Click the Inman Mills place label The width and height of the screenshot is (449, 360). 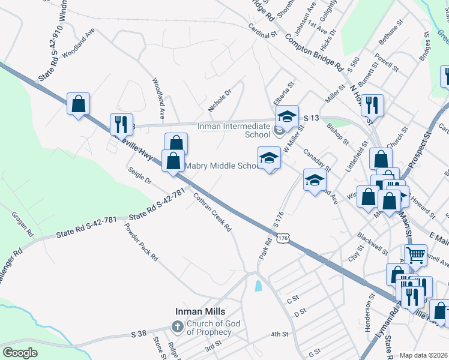200,311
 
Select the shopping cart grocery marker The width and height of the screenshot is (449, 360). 416,255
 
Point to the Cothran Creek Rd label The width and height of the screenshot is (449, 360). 212,212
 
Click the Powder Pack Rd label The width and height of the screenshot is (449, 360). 141,242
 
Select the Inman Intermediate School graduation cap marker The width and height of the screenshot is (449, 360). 287,116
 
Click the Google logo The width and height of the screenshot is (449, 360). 20,353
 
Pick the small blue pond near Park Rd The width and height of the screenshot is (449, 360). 258,286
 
